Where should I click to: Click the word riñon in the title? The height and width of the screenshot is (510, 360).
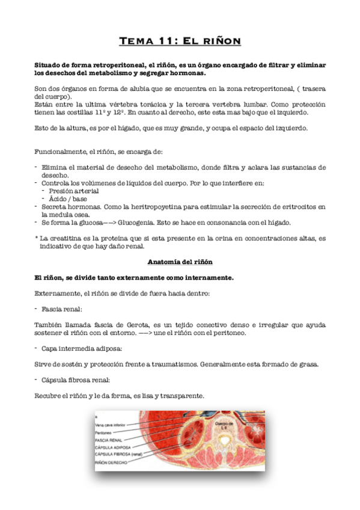222,41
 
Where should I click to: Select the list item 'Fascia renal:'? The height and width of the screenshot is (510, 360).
63,309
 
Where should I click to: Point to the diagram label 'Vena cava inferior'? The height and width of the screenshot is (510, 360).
111,425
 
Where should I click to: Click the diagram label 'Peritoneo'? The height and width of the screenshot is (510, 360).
105,432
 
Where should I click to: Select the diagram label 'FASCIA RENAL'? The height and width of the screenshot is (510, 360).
108,440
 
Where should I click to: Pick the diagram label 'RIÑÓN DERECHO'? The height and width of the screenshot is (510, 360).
111,462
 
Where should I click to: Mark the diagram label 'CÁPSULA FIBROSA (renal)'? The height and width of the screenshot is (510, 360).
118,454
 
